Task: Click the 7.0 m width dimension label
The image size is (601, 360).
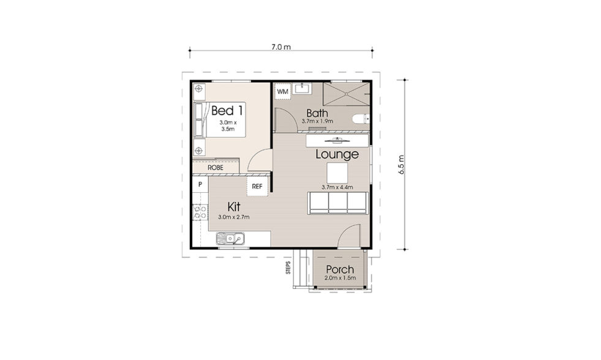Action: coord(281,47)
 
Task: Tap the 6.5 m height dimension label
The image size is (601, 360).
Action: coord(401,165)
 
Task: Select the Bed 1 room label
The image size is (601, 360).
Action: coord(227,111)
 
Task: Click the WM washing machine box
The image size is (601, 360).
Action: coord(282,92)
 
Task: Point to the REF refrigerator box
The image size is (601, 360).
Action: coord(257,186)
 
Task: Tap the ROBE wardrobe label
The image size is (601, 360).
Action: coord(216,168)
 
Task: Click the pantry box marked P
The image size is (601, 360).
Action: coord(200,184)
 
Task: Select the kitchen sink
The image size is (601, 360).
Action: coord(230,239)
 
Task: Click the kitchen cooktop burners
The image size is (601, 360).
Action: coord(200,212)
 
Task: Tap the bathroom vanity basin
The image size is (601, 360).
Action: coord(303,88)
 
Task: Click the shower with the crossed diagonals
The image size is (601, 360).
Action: coord(346,94)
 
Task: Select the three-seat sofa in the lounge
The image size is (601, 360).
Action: coord(338,203)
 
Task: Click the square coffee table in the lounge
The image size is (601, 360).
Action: coord(338,173)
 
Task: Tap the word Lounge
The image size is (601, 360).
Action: coord(338,154)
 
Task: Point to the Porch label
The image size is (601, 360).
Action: coord(340,269)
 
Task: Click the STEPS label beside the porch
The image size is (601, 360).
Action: coord(288,268)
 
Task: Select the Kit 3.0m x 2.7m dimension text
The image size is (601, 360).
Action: coord(234,217)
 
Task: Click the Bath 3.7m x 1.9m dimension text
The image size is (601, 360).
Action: coord(317,121)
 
